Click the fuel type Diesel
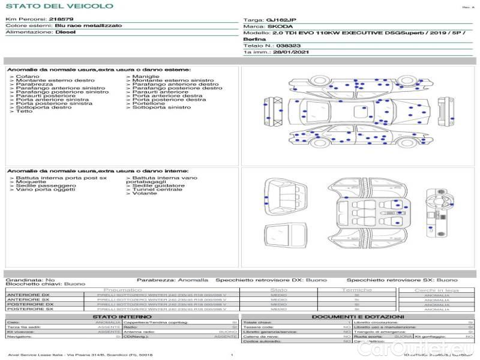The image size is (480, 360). coord(65,32)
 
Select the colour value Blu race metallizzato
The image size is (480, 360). coord(88,26)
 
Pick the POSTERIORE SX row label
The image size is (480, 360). coord(29,309)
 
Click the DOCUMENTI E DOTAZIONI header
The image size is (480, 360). coord(357,316)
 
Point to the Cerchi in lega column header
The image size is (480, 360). coord(436,290)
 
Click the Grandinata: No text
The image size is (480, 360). coord(30,280)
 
